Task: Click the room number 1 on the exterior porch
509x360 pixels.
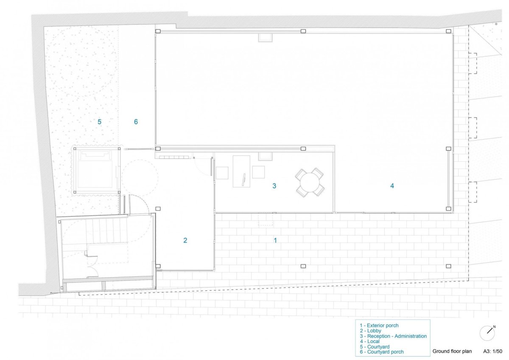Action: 275,240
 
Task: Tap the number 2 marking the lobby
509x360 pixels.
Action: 185,240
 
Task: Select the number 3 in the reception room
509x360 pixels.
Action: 274,186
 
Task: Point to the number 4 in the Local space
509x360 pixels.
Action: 392,186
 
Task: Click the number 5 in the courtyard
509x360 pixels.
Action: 99,122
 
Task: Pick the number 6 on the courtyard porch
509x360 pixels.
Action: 136,122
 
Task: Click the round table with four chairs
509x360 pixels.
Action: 310,183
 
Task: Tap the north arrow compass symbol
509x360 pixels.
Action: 488,333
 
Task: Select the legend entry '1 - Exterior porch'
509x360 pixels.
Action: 379,326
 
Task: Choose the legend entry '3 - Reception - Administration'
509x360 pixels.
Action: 393,336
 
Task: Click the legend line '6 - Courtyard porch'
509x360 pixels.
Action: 382,352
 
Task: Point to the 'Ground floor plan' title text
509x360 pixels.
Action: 452,351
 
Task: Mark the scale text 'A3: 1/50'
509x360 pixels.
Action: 492,351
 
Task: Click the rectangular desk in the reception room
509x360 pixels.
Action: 241,172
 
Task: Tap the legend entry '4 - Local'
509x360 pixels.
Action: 369,341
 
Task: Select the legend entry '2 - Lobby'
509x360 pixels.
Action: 370,331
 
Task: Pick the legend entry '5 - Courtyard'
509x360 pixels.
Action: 375,346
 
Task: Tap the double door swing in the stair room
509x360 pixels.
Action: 92,263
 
